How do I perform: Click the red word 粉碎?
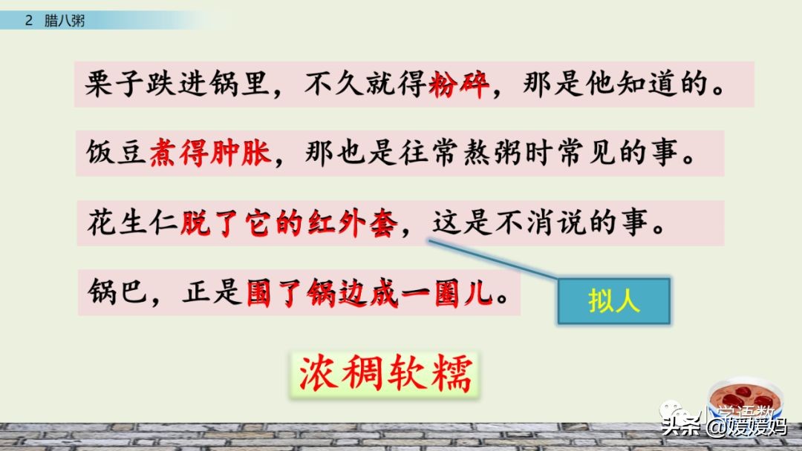[460, 85]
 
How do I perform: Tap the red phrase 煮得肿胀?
[210, 154]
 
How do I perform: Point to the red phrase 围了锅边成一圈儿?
[369, 293]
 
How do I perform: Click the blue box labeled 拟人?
[614, 302]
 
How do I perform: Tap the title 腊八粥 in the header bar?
[65, 21]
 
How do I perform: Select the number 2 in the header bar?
[29, 21]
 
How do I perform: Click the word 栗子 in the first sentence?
[112, 85]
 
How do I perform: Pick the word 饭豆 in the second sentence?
[114, 154]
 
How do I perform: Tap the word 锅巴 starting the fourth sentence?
[114, 293]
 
